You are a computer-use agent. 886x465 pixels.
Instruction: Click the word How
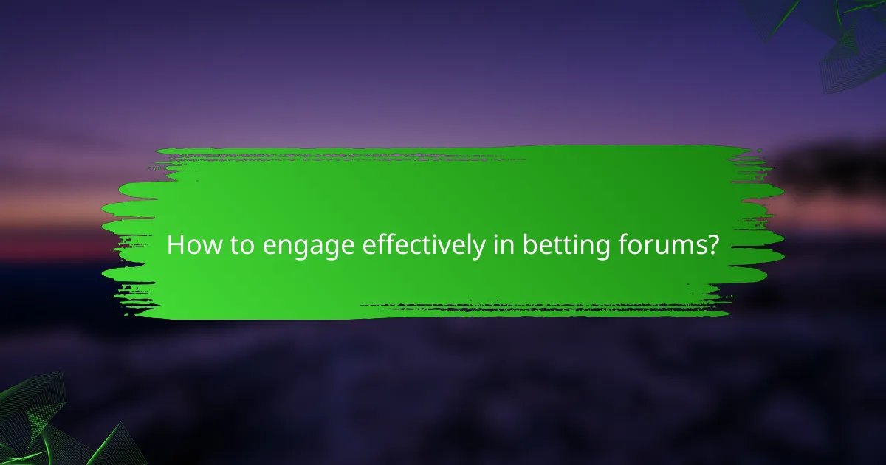(190, 245)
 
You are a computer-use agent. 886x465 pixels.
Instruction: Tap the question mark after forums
(712, 245)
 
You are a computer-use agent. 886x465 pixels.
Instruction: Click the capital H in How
(176, 245)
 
